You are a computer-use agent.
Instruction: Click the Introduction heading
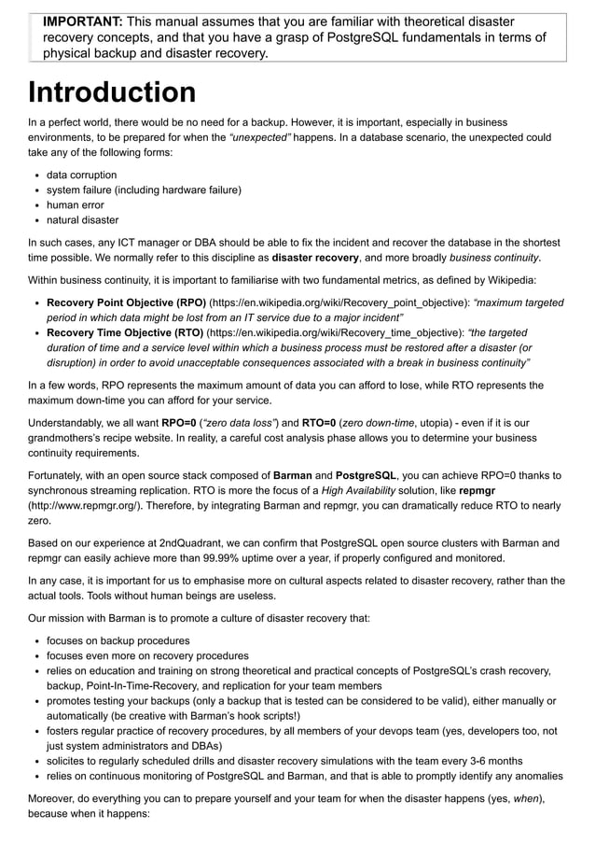point(112,93)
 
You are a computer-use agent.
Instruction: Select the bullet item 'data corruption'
point(81,175)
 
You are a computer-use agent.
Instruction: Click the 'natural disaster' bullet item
point(82,220)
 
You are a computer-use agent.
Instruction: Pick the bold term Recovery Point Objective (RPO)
point(126,302)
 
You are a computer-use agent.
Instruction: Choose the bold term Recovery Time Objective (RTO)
point(125,332)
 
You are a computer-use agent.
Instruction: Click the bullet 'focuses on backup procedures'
point(118,640)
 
